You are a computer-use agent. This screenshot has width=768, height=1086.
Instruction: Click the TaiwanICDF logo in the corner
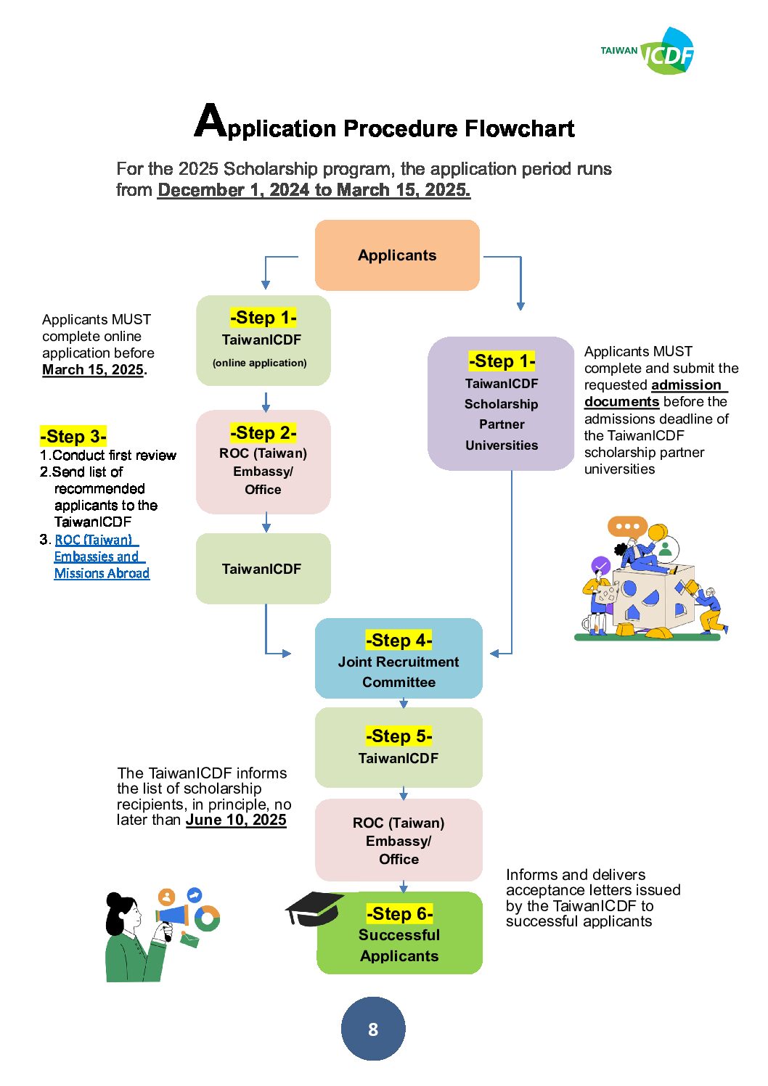(x=648, y=51)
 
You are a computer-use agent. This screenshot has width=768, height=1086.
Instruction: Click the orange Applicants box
(x=397, y=255)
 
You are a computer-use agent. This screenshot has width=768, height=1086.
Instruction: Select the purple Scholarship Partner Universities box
(x=501, y=403)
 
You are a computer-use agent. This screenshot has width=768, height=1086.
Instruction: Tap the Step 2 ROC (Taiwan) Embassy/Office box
(x=263, y=461)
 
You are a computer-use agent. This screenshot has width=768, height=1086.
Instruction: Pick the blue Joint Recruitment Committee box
(x=399, y=658)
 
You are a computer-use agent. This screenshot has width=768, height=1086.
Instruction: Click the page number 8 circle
(x=373, y=1029)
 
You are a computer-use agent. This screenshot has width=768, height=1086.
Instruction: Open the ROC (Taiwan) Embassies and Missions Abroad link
(x=102, y=556)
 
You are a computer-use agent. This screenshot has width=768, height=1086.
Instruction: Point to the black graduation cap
(x=313, y=908)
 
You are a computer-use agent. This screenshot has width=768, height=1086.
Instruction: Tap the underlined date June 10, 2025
(x=236, y=819)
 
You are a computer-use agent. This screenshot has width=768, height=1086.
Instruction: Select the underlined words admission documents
(x=655, y=393)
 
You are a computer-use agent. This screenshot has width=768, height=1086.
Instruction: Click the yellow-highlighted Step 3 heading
(x=73, y=436)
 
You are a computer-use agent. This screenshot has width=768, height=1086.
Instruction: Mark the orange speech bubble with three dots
(x=627, y=526)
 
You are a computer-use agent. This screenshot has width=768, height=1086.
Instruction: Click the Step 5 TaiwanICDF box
(x=399, y=747)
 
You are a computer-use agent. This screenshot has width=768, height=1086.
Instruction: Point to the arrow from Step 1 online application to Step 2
(x=266, y=402)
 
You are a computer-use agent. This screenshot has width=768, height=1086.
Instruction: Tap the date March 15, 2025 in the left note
(x=93, y=369)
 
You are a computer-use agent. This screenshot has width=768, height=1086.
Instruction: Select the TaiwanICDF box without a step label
(x=263, y=568)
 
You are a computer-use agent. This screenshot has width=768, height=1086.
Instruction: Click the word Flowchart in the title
(x=520, y=128)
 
